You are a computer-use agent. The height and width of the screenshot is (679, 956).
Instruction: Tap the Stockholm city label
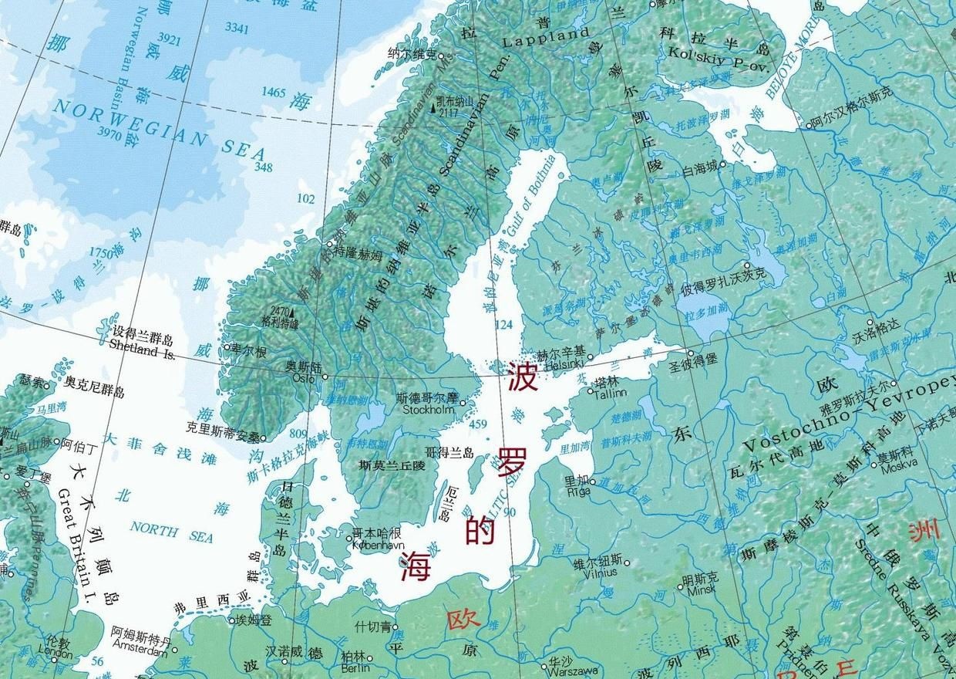(x=425, y=410)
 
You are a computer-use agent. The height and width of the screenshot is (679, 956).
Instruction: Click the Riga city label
(x=577, y=491)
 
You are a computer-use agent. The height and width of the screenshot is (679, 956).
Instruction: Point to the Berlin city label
(x=355, y=667)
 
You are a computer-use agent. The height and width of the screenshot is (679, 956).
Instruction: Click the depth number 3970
(x=111, y=133)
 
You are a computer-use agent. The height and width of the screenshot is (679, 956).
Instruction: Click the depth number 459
(x=478, y=424)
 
